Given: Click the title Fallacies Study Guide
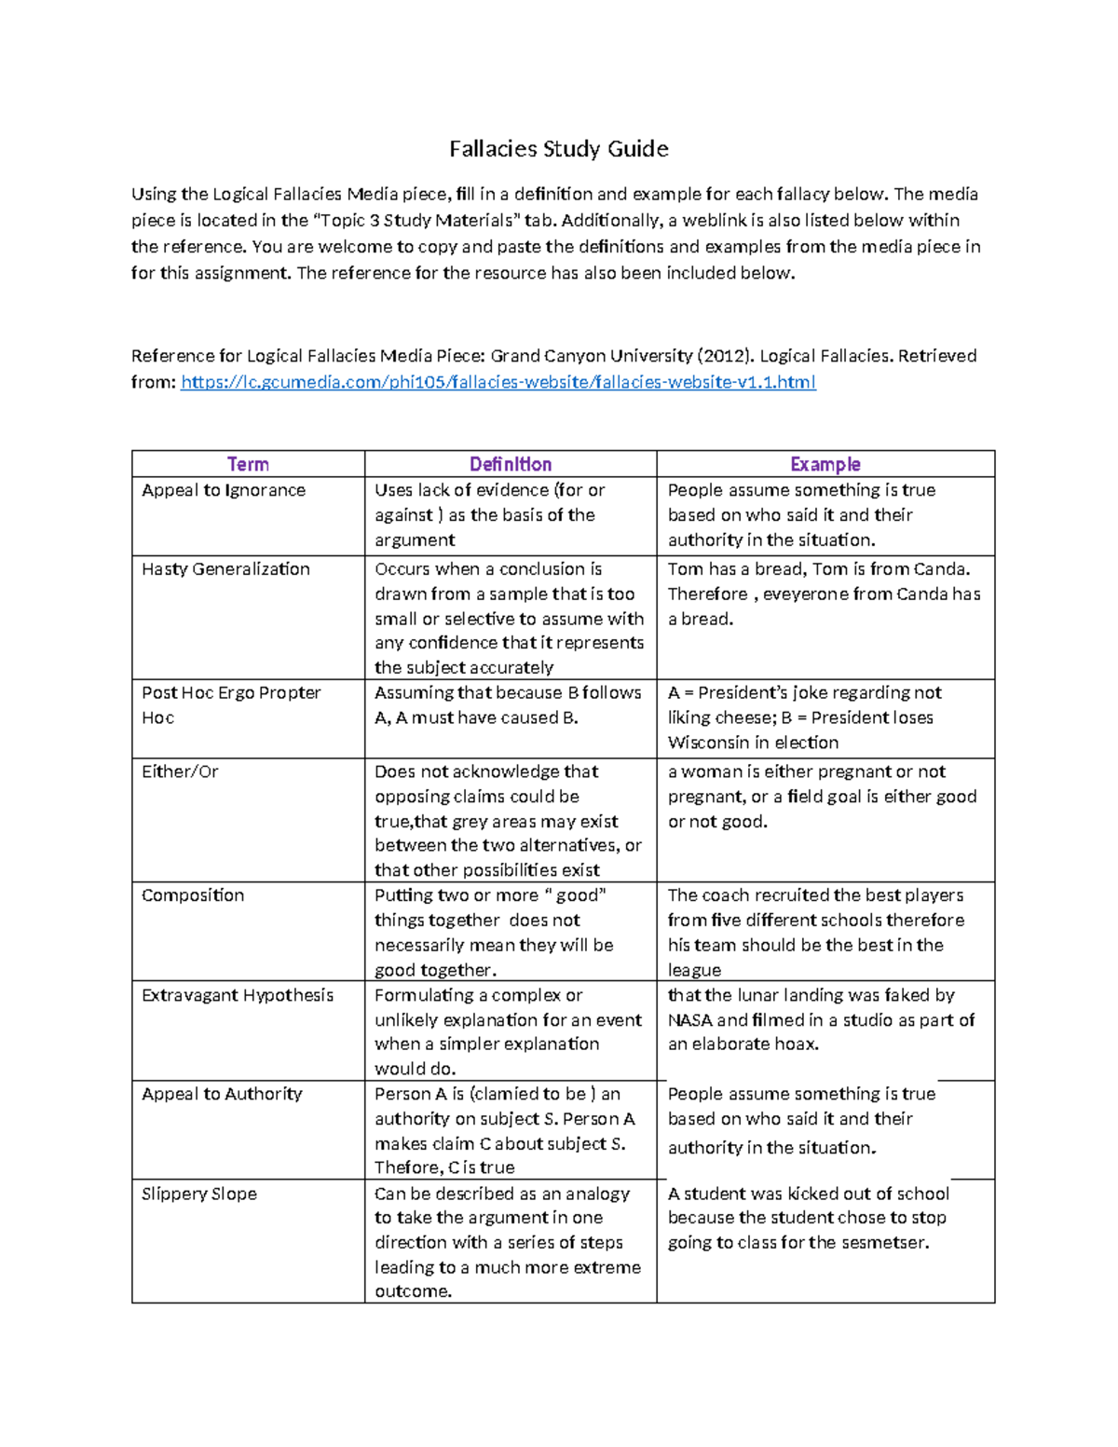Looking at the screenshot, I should [558, 149].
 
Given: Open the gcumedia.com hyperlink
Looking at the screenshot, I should [498, 382].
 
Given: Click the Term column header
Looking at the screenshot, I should [248, 464].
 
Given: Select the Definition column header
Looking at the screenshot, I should [510, 464].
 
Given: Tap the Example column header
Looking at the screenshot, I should [825, 464].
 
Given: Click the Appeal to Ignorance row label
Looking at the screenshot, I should [224, 490].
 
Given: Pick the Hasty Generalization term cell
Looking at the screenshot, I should [225, 569].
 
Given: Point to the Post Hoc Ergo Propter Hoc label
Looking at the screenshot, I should [230, 704].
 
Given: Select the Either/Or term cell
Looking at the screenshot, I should [180, 771].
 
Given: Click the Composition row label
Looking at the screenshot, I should [193, 895].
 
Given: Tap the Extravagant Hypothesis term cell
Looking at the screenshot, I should [237, 995].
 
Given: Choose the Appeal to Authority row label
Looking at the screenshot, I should [222, 1094].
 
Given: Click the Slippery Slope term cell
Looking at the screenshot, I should [198, 1194].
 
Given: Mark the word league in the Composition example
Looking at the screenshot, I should [694, 970].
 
